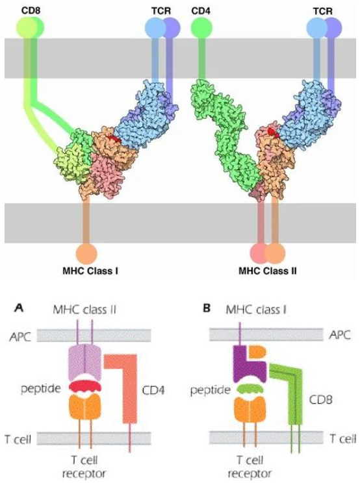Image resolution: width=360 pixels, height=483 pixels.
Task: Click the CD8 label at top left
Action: pyautogui.click(x=31, y=10)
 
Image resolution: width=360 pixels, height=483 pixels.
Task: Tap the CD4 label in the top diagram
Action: pyautogui.click(x=201, y=12)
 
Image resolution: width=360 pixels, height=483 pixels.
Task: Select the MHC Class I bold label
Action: pyautogui.click(x=90, y=271)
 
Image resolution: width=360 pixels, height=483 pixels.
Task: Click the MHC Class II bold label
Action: pyautogui.click(x=268, y=271)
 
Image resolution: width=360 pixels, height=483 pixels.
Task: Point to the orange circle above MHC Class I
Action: pyautogui.click(x=86, y=254)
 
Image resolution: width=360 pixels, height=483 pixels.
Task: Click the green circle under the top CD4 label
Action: pyautogui.click(x=201, y=28)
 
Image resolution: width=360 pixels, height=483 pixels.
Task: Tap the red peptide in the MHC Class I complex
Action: pyautogui.click(x=114, y=140)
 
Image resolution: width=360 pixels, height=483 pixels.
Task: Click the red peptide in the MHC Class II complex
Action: pyautogui.click(x=273, y=132)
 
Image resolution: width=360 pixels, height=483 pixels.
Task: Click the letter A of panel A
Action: pyautogui.click(x=19, y=308)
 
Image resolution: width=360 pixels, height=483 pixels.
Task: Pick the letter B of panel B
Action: pyautogui.click(x=207, y=308)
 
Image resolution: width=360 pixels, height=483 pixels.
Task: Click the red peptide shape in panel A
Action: pyautogui.click(x=84, y=386)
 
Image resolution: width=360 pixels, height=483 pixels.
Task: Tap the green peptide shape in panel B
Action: pyautogui.click(x=250, y=389)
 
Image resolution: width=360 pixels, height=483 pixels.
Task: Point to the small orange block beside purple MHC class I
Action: pyautogui.click(x=257, y=354)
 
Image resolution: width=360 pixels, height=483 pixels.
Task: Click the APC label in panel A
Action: pyautogui.click(x=20, y=337)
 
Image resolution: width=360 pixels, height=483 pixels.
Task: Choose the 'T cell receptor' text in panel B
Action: pyautogui.click(x=250, y=467)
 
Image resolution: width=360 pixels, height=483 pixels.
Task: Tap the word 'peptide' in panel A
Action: pyautogui.click(x=41, y=389)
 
